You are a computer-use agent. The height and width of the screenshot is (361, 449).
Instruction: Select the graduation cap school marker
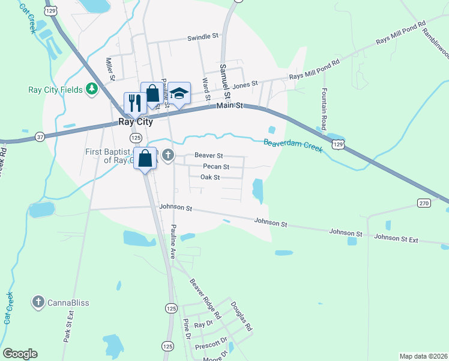click(179, 93)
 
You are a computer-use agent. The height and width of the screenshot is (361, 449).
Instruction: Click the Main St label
click(229, 106)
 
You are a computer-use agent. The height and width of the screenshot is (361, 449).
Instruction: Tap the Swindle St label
click(202, 37)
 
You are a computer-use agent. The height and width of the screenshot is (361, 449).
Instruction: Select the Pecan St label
click(216, 167)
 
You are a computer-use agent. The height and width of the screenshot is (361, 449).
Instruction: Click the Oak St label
click(210, 177)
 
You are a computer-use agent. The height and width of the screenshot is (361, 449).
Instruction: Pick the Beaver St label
click(208, 156)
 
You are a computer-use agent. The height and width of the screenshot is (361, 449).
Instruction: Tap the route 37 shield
click(40, 137)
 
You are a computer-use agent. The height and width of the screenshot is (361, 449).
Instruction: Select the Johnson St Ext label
click(396, 238)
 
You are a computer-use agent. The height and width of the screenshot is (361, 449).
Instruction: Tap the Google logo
click(20, 354)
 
